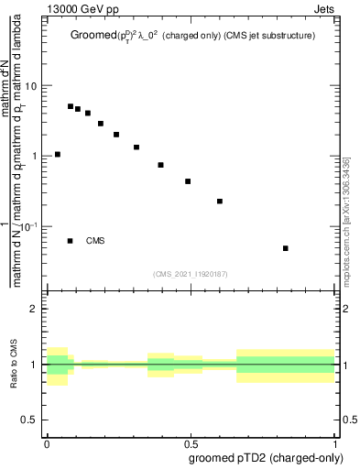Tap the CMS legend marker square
[71, 241]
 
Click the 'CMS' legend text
[96, 241]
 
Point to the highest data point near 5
[71, 106]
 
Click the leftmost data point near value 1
[58, 155]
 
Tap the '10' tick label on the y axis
[31, 85]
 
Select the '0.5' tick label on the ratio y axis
[30, 420]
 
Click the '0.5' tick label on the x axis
[191, 442]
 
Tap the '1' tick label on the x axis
[335, 442]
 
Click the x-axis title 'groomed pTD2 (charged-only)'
[265, 457]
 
